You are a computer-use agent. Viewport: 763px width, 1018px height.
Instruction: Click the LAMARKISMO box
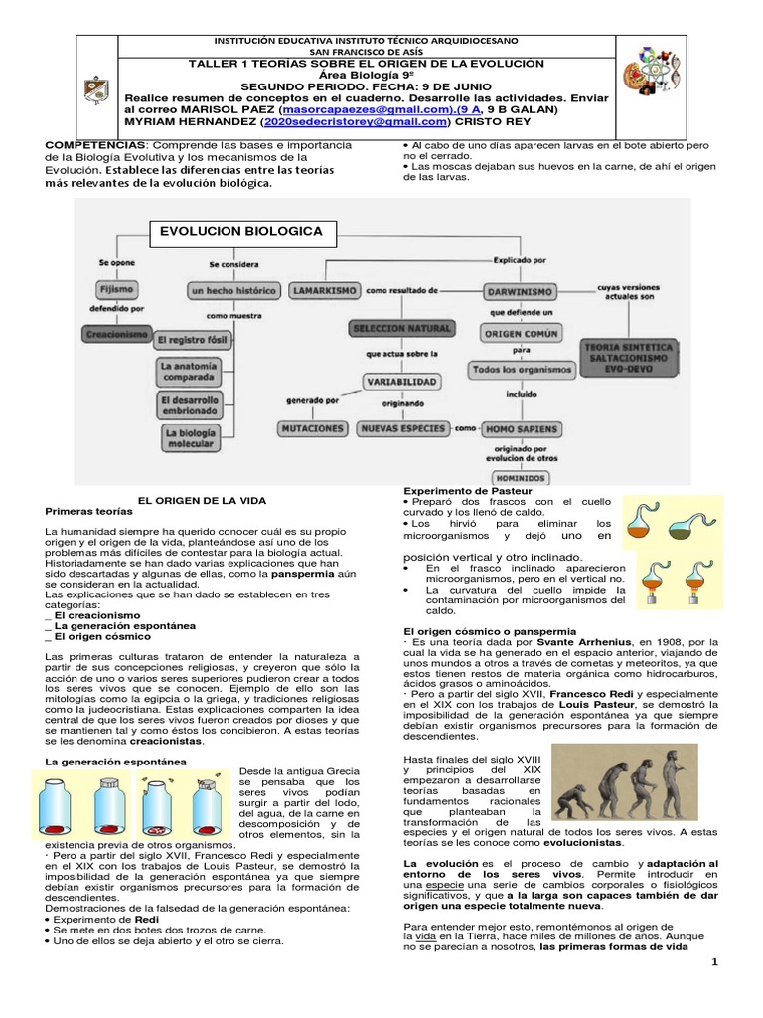(324, 291)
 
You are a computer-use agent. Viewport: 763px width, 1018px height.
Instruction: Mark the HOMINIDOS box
(521, 477)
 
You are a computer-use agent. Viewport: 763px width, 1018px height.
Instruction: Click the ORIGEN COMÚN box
(522, 335)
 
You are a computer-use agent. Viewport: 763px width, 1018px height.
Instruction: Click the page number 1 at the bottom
(714, 961)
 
